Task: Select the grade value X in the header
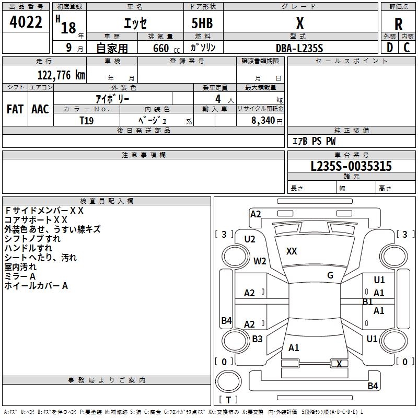pos(299,22)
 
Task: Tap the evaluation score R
pos(398,23)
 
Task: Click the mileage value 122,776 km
pos(61,75)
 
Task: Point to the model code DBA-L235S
pos(299,48)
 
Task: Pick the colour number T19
pos(87,120)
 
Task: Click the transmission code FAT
pos(15,109)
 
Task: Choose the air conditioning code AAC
pos(40,109)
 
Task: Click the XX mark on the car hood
pos(292,251)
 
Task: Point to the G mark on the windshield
pos(330,275)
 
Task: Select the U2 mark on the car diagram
pos(250,239)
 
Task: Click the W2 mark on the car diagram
pos(260,261)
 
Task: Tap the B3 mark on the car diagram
pos(257,339)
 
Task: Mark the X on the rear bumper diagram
pos(339,364)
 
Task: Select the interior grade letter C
pos(407,48)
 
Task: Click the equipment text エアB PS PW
pos(313,141)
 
